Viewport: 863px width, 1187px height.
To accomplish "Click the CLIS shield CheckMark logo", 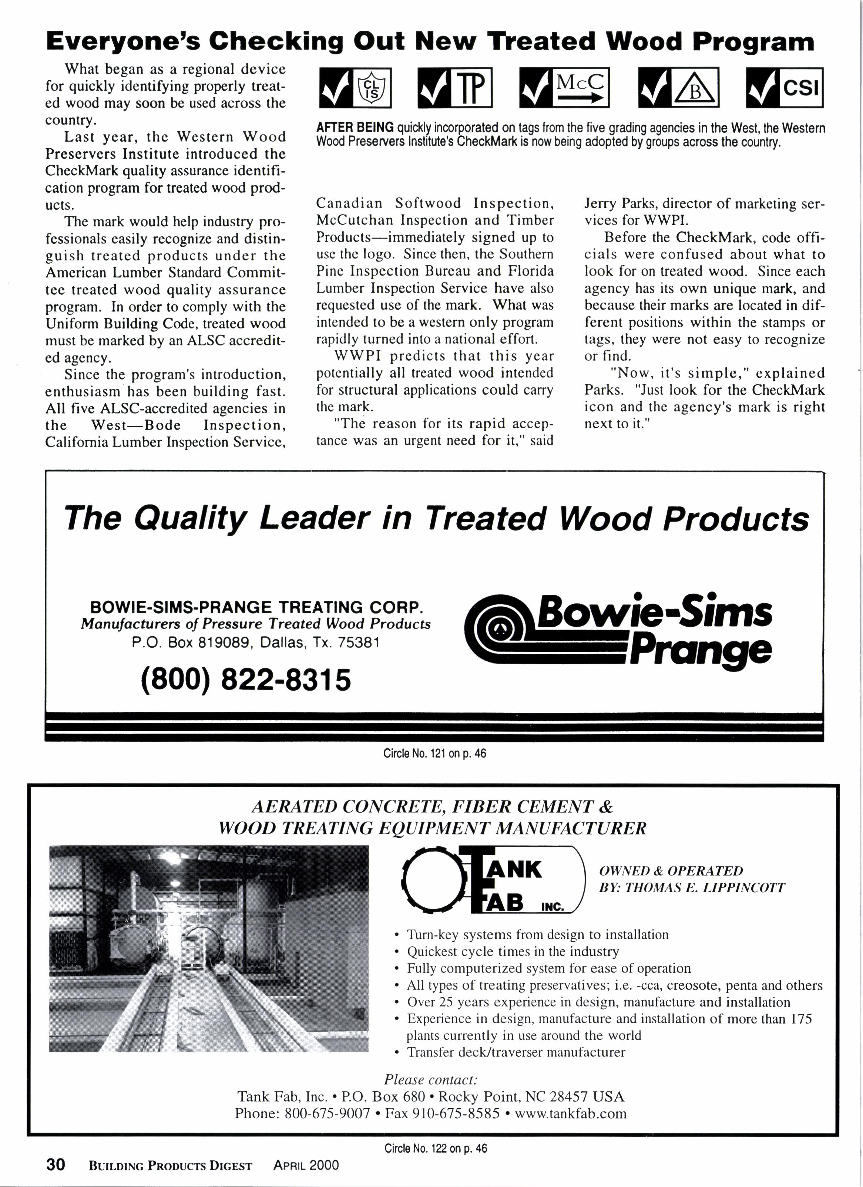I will coord(355,87).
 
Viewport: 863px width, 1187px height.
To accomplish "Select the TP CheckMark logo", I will coord(454,87).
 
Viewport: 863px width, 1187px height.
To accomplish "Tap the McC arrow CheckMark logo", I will coord(564,87).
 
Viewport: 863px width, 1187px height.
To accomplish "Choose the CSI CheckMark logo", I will coord(785,87).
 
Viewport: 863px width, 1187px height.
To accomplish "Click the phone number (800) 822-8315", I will coord(246,680).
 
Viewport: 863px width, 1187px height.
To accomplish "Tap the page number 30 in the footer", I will coord(56,1164).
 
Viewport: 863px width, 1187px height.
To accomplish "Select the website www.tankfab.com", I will coord(571,1113).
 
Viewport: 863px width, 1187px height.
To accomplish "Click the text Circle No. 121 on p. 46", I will coord(434,753).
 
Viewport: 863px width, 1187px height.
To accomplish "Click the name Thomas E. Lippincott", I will coord(705,888).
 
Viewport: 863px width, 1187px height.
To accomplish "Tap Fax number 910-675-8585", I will coord(443,1113).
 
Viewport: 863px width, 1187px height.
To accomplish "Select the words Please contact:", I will coord(431,1079).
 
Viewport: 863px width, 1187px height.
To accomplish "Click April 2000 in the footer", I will coord(306,1165).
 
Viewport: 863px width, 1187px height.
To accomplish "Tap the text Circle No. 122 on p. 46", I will coord(435,1148).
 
